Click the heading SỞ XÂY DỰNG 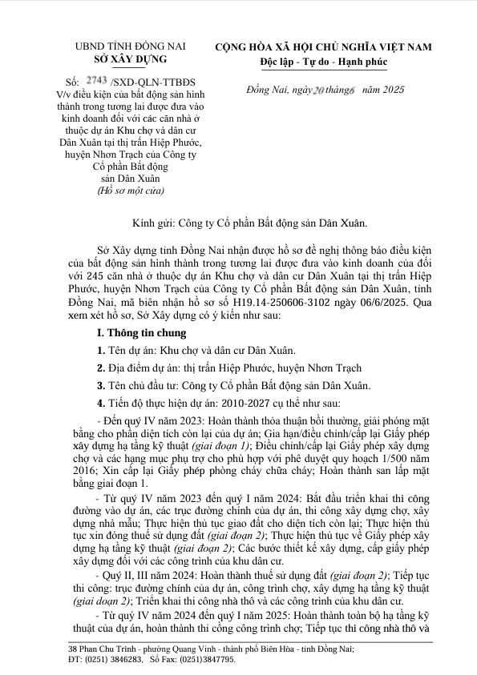click(x=130, y=60)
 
